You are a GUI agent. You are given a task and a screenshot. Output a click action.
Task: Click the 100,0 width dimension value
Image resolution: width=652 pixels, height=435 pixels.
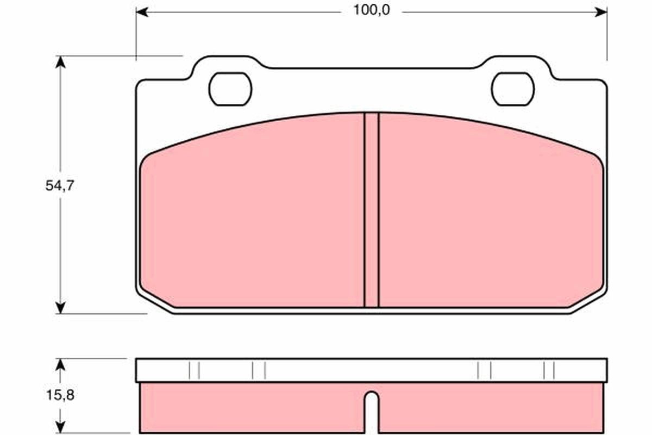click(x=372, y=11)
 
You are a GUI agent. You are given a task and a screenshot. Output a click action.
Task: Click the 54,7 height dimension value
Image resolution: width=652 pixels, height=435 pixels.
click(x=59, y=185)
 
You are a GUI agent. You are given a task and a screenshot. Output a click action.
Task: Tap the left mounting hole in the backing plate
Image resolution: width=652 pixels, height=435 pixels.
click(x=230, y=89)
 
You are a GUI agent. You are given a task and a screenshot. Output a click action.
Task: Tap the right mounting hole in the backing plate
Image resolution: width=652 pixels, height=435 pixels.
click(x=512, y=89)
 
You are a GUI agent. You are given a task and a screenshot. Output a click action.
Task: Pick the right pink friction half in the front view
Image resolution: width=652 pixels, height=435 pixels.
click(x=489, y=217)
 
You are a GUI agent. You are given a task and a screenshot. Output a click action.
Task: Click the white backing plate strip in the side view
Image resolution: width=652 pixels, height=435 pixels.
click(x=372, y=370)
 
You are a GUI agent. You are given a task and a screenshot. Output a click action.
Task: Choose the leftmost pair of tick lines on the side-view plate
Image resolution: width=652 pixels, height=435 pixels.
click(x=195, y=370)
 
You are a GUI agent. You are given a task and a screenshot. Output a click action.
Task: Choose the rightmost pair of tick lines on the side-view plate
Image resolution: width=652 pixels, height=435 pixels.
click(x=549, y=370)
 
